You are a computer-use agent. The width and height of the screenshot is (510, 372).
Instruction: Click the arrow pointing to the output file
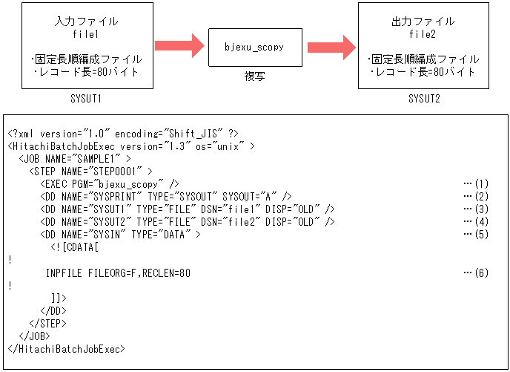tap(331, 46)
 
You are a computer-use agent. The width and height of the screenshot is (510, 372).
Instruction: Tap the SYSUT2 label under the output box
tap(423, 99)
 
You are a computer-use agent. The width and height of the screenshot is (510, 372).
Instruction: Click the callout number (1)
tap(477, 183)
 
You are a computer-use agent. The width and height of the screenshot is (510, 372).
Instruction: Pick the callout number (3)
tap(477, 209)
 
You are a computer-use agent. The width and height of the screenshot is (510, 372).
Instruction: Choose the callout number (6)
tap(477, 273)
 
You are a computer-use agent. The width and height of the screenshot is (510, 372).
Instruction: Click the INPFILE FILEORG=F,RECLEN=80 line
tap(118, 273)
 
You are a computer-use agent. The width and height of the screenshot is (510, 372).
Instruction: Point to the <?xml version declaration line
tap(123, 133)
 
